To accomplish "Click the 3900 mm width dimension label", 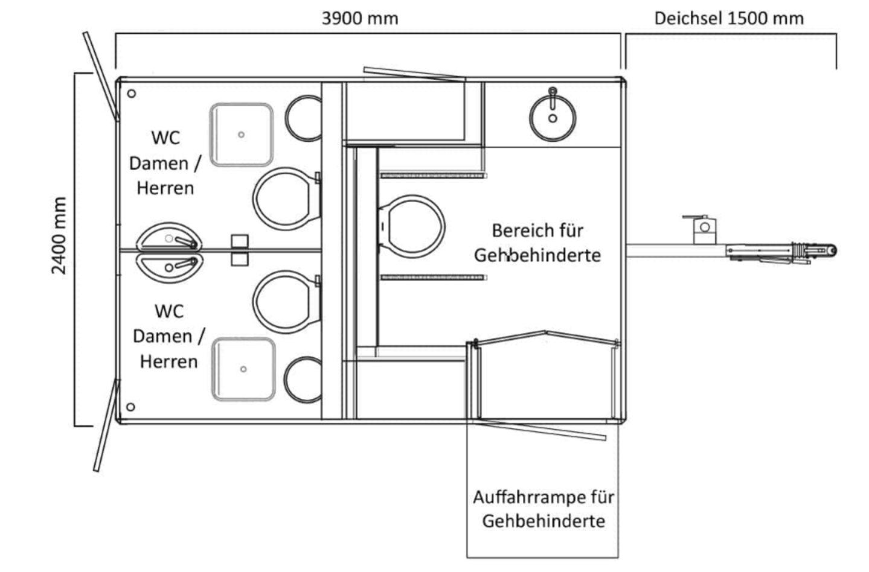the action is click(x=360, y=19).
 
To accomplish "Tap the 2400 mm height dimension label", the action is click(x=59, y=235).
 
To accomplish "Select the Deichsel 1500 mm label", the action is click(x=729, y=19).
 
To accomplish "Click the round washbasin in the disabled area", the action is click(x=553, y=118).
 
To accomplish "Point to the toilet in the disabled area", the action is click(x=412, y=226).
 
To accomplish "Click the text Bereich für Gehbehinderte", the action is click(x=537, y=243).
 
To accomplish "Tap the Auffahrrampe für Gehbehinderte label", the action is click(x=543, y=509).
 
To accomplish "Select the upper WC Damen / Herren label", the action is click(x=165, y=163).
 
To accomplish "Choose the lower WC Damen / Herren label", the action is click(x=168, y=336).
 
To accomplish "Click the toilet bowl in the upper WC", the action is click(x=287, y=199).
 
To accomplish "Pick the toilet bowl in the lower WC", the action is click(x=287, y=302).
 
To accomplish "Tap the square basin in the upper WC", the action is click(x=242, y=135).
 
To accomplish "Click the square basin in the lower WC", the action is click(x=243, y=369).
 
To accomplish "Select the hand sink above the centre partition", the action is click(x=169, y=236).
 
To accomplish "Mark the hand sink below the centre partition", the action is click(x=169, y=267).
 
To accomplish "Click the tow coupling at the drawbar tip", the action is click(x=814, y=250).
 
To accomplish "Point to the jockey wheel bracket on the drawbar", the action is click(x=702, y=229).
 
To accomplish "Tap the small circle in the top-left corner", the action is click(x=132, y=94).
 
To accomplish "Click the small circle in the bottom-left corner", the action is click(x=130, y=407).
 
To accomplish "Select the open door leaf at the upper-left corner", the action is click(x=101, y=76).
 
